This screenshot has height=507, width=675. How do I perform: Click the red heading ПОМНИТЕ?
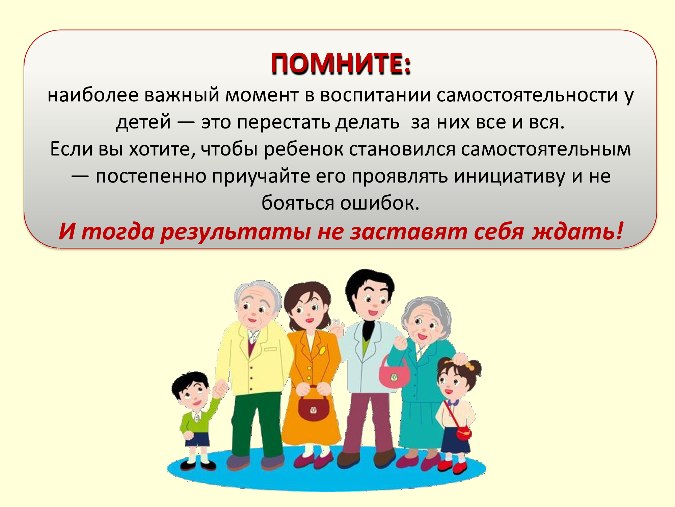pyautogui.click(x=341, y=63)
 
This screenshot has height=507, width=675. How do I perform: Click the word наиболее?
pyautogui.click(x=93, y=95)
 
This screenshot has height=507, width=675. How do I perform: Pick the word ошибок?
pyautogui.click(x=380, y=203)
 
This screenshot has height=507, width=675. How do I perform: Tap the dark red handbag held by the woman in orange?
pyautogui.click(x=313, y=406)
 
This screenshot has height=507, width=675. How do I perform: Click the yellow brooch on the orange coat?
pyautogui.click(x=322, y=351)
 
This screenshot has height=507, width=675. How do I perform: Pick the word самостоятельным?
pyautogui.click(x=546, y=149)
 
